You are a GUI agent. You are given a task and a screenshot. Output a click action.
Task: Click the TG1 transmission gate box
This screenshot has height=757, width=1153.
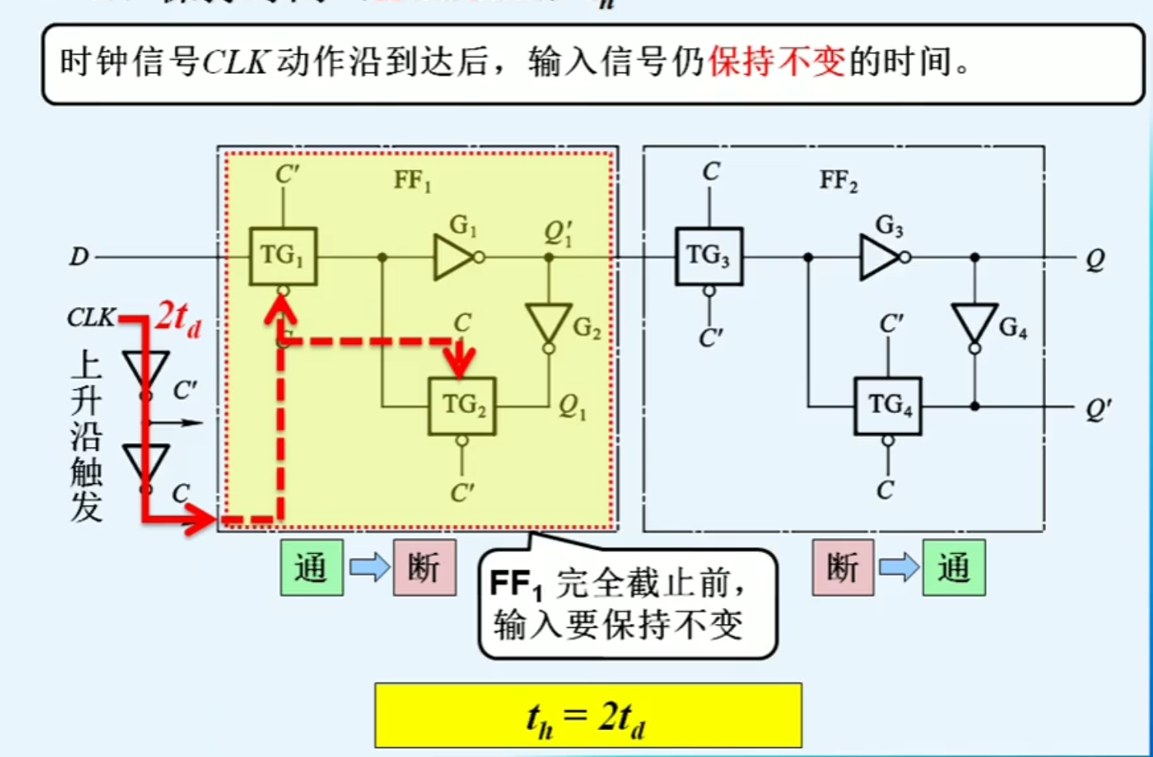[282, 256]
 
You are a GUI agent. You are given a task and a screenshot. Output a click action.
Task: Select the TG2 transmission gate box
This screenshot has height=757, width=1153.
[462, 405]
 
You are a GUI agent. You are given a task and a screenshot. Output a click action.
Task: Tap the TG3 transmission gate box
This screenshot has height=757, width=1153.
[709, 256]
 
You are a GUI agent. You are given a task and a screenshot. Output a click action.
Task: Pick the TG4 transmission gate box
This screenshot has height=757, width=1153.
[887, 405]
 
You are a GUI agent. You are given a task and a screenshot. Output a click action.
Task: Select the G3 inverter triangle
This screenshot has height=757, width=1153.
[880, 257]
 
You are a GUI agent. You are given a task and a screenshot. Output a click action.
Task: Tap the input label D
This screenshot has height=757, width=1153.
[79, 257]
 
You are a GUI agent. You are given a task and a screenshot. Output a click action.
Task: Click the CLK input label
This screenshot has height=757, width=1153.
[91, 317]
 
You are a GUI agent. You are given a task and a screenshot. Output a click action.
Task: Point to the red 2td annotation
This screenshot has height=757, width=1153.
[179, 317]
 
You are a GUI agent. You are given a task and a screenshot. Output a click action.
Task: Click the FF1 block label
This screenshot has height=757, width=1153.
[413, 182]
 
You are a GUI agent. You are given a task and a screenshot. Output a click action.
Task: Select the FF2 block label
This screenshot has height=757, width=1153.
[838, 182]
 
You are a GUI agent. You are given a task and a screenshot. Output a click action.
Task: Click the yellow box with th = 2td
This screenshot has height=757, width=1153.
[588, 716]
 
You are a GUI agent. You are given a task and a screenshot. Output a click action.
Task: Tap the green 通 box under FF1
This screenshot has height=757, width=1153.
[312, 569]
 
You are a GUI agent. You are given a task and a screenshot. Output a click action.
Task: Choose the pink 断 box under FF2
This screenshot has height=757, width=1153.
[843, 569]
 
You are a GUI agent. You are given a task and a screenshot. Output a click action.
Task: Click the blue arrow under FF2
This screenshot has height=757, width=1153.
[899, 569]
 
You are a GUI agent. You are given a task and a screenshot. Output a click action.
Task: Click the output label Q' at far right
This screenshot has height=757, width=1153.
[1096, 409]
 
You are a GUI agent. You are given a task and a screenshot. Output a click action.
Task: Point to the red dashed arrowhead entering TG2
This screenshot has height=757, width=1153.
[462, 362]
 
